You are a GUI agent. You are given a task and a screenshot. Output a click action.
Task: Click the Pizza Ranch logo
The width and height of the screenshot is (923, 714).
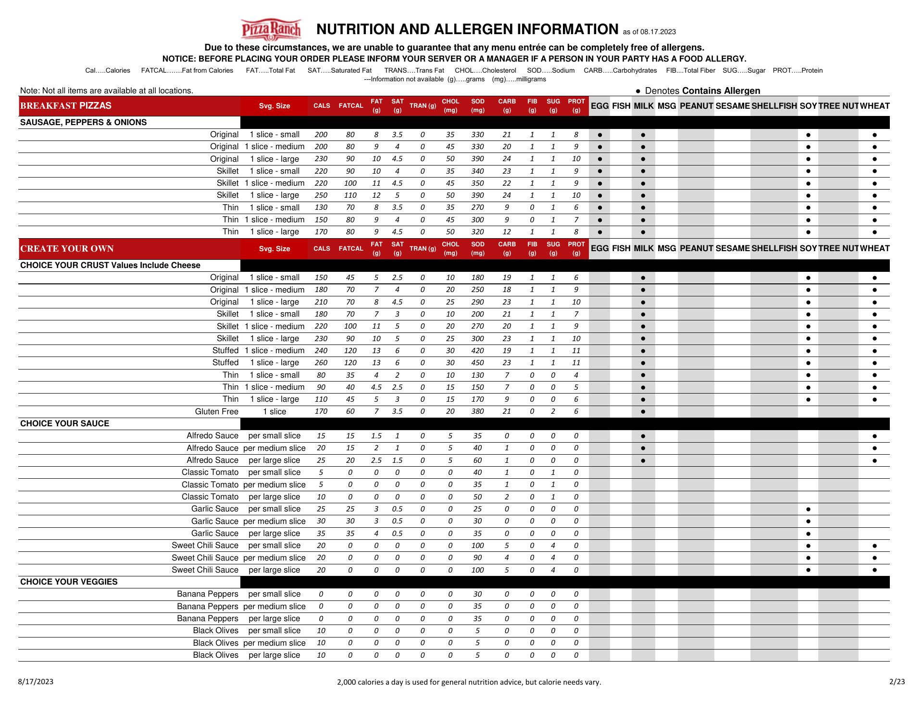271,30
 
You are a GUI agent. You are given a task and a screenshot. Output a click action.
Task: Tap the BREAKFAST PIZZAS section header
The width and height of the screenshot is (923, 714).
66,106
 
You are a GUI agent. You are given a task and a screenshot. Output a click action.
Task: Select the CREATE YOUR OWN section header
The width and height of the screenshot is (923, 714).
67,249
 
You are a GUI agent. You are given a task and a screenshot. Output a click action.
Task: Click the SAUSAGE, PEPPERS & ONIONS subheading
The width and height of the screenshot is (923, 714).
83,122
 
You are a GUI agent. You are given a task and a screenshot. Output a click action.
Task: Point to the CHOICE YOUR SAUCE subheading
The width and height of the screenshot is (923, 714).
64,423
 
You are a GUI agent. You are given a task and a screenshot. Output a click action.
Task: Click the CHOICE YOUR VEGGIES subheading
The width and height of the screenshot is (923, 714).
69,582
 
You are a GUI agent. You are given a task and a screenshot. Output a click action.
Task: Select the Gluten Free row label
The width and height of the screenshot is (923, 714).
216,411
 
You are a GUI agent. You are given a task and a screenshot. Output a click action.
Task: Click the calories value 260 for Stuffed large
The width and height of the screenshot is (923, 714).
321,363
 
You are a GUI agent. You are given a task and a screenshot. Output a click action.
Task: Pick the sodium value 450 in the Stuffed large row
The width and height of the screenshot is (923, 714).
477,363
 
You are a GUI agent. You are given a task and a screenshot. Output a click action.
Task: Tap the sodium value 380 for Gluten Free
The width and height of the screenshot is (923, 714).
477,411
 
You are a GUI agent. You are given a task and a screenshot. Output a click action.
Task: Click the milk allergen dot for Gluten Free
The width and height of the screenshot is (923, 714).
643,411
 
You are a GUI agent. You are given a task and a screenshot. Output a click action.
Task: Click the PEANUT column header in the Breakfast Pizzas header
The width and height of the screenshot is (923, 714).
696,106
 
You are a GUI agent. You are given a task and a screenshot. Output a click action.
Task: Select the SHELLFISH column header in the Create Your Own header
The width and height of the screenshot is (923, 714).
774,249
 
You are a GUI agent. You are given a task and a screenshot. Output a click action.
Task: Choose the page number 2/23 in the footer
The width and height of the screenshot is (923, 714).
897,681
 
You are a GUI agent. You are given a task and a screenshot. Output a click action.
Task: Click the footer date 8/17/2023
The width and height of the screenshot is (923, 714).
36,681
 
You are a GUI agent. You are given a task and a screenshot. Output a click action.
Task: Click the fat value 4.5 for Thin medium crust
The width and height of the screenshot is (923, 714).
376,387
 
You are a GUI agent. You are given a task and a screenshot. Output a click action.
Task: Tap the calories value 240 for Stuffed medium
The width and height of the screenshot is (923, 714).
321,351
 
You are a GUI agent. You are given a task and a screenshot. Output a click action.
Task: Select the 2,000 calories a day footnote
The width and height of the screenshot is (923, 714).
469,682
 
